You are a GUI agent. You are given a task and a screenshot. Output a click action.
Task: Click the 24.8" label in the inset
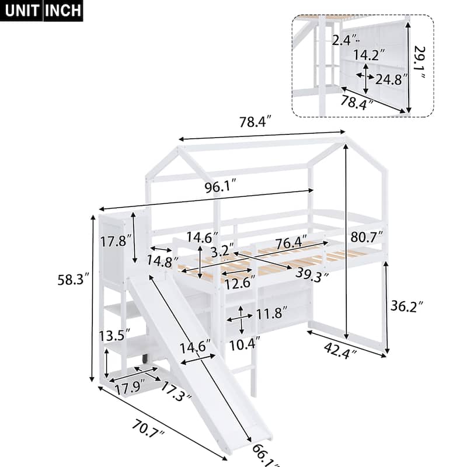click(x=392, y=79)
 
